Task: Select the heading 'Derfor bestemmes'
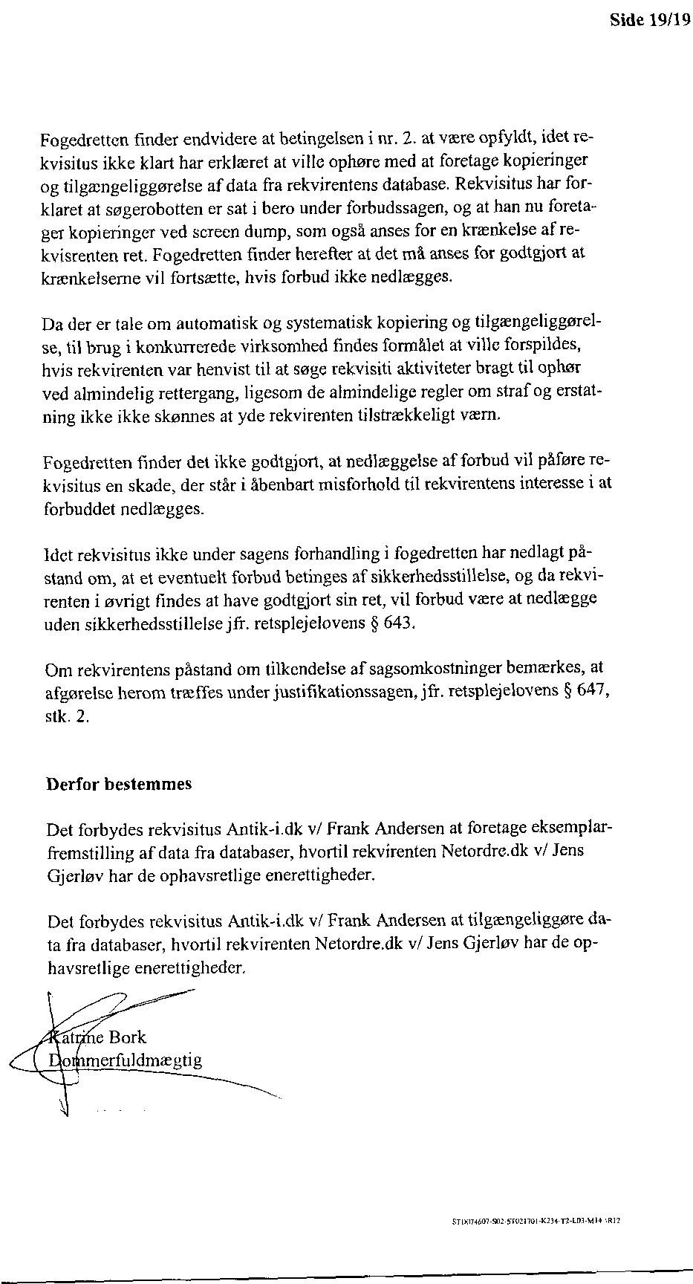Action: tap(119, 784)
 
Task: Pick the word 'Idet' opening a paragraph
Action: tap(57, 554)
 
